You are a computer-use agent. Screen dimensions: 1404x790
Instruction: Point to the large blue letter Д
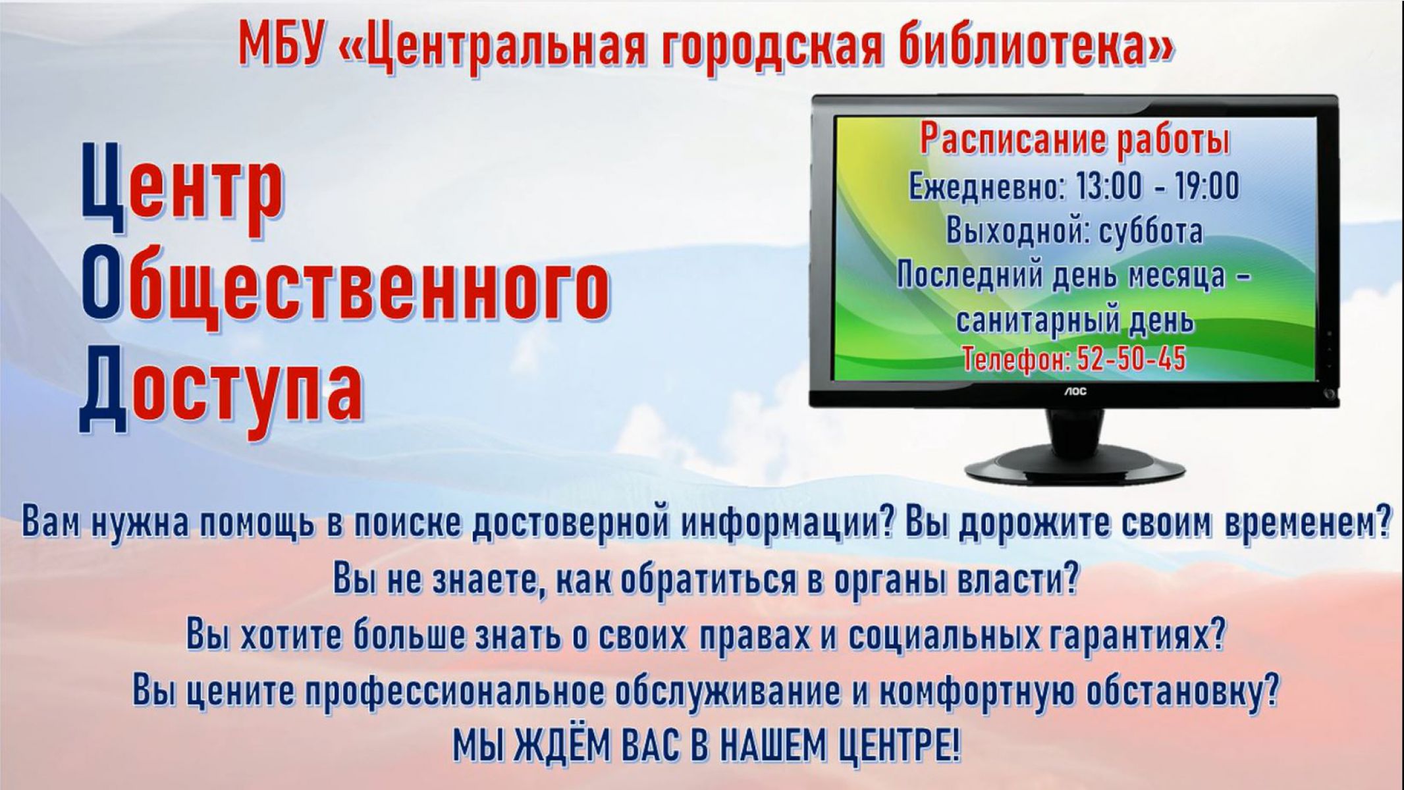pyautogui.click(x=102, y=390)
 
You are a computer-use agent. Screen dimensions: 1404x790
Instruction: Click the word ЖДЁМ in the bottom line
pyautogui.click(x=562, y=744)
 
